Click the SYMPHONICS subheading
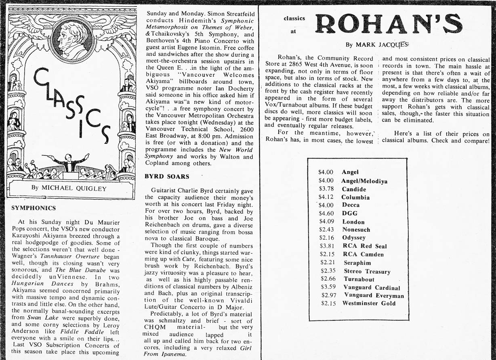tap(33, 208)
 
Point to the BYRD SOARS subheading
tap(166, 176)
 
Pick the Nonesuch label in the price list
tap(356, 230)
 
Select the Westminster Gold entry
tap(369, 303)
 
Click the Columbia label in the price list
tap(355, 197)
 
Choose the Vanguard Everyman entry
tap(373, 295)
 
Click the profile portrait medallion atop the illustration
tap(73, 39)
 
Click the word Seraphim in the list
tap(357, 263)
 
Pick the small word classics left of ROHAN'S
tap(294, 18)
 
